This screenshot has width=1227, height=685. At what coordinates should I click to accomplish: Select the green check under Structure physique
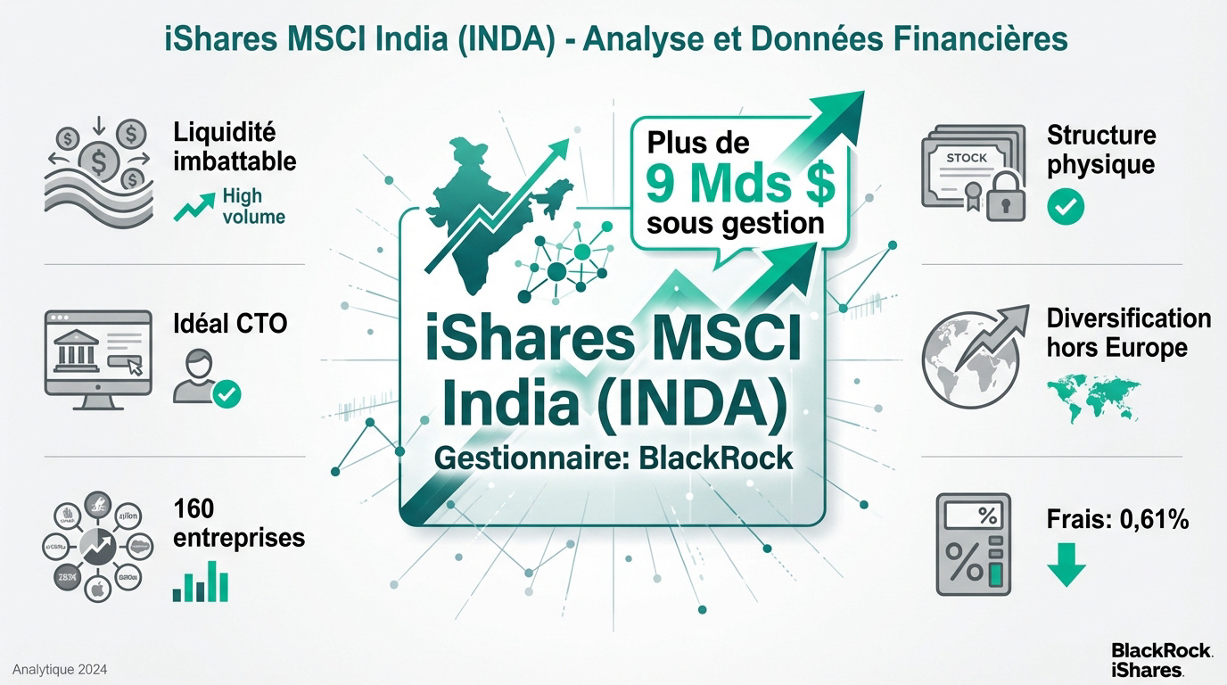tap(1065, 207)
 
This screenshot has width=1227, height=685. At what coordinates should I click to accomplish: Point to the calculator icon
tap(974, 544)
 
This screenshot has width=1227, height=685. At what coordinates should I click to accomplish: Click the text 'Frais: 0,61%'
tap(1117, 518)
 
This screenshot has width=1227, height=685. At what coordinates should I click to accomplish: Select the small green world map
tap(1093, 399)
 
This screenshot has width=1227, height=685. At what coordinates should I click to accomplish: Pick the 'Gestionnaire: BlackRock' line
tap(613, 458)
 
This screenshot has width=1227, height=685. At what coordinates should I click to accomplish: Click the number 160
tap(194, 508)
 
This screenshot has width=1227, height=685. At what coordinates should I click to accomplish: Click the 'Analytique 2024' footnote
tap(60, 669)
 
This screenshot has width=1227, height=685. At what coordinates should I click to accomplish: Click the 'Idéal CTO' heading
tap(229, 323)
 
